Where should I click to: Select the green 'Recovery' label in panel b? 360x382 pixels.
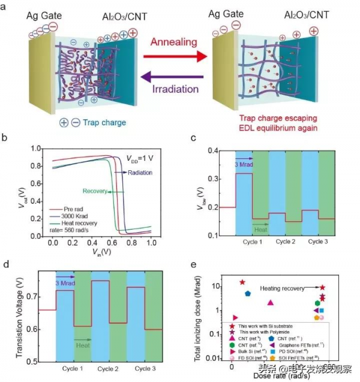[95, 192]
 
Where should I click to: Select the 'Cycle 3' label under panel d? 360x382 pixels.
[146, 368]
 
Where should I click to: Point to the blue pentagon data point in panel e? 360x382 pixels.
[248, 294]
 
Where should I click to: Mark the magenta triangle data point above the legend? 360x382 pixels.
[271, 303]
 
